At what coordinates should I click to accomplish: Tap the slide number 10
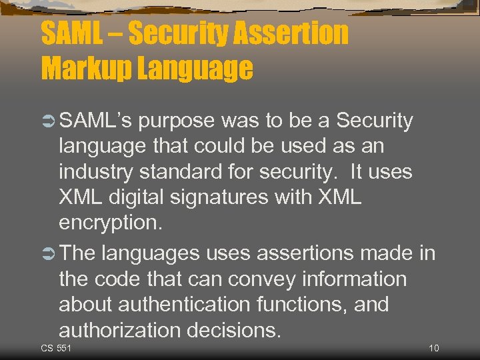434,349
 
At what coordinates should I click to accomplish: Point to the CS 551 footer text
56,349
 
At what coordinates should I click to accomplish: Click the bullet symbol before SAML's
49,121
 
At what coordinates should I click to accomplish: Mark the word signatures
239,197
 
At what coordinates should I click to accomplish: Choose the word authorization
119,331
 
